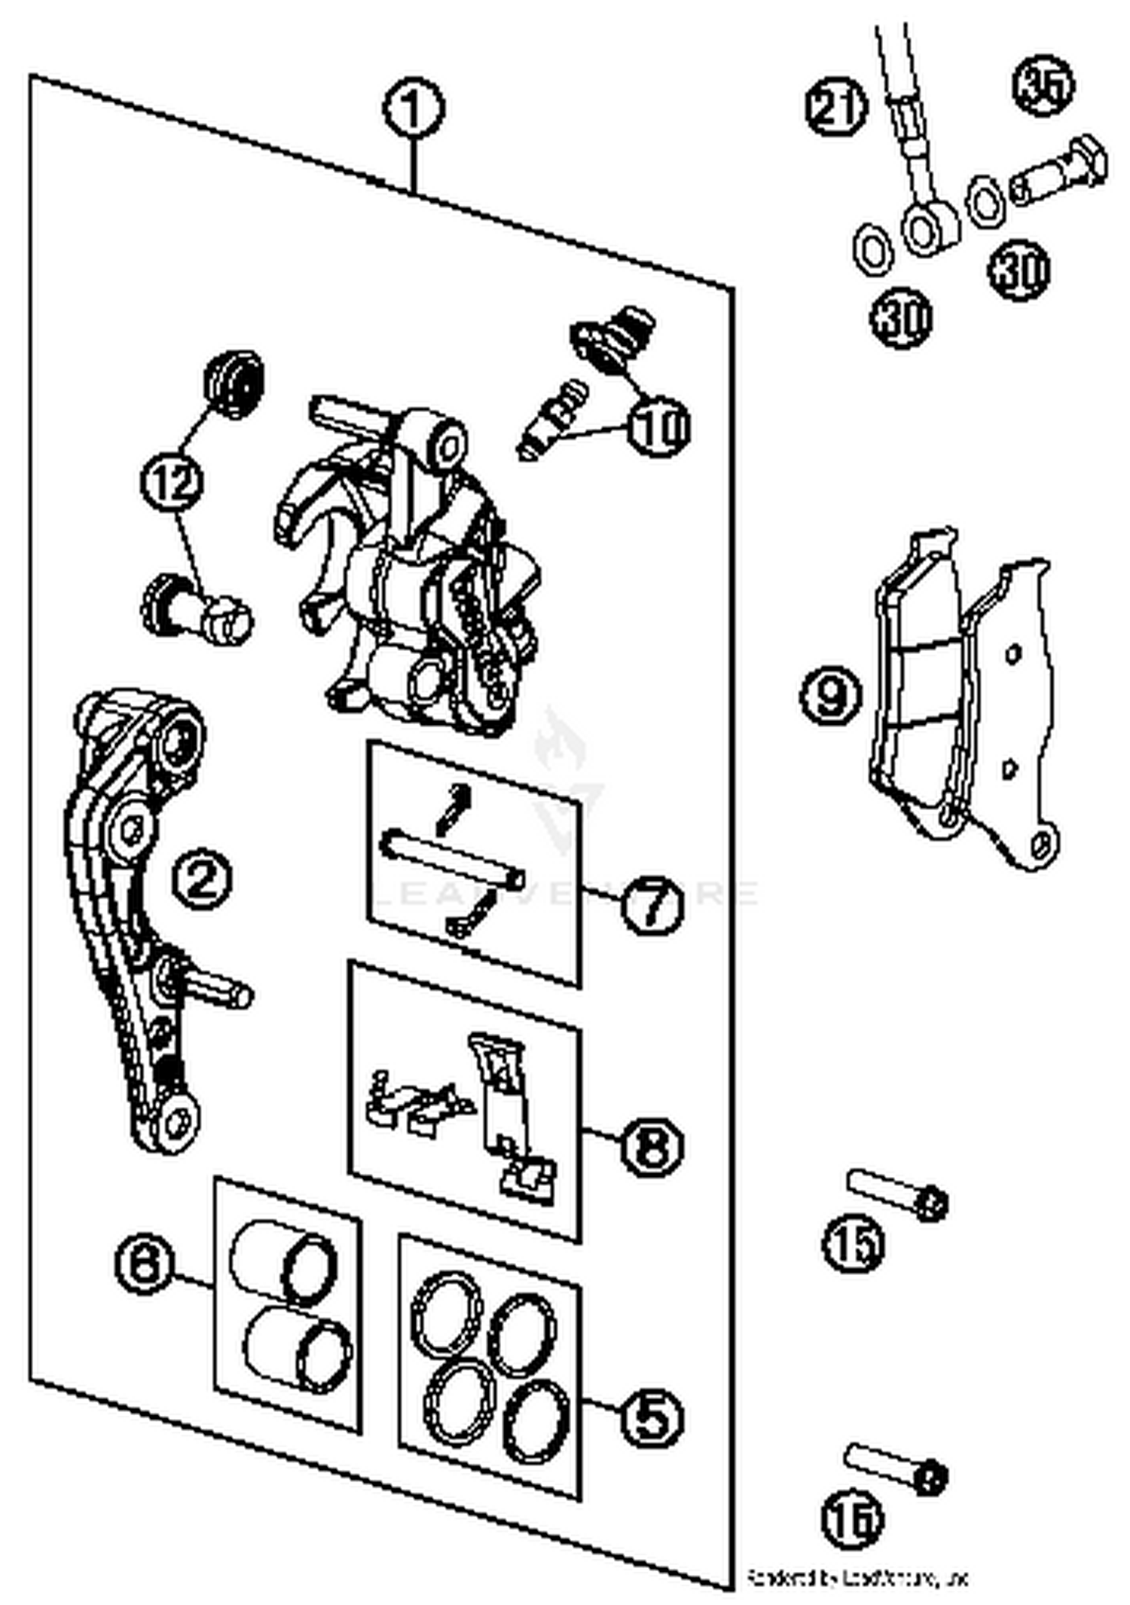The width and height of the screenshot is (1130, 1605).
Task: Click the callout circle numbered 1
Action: (413, 109)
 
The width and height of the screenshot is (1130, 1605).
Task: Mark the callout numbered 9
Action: (830, 695)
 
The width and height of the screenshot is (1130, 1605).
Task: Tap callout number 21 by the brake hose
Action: (836, 108)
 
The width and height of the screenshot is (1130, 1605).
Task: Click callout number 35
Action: (1044, 85)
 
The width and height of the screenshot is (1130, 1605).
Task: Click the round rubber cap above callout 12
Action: (234, 383)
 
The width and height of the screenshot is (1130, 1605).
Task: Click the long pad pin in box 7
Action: (452, 854)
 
